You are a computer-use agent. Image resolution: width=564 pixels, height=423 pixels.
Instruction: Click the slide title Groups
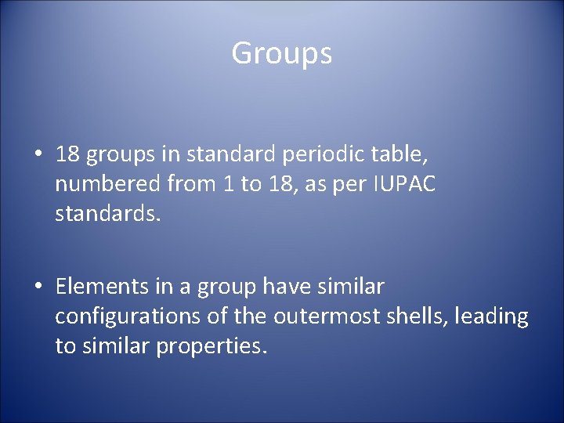pos(282,54)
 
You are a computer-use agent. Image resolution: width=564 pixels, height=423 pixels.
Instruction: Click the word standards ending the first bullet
pos(107,213)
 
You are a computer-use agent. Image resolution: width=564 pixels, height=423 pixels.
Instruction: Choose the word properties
pos(211,345)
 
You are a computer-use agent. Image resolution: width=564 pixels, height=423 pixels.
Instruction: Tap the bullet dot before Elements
pos(38,287)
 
